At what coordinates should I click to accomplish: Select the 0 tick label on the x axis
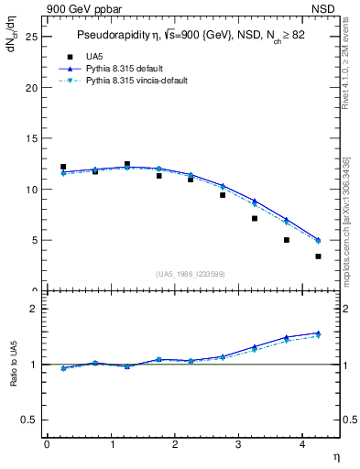tap(47, 444)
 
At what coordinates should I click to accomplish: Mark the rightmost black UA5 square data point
tap(318, 256)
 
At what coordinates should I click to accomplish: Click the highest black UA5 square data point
tap(127, 164)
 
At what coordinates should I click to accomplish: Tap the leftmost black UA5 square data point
tap(63, 167)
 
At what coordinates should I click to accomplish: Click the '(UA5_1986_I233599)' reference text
tap(191, 275)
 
